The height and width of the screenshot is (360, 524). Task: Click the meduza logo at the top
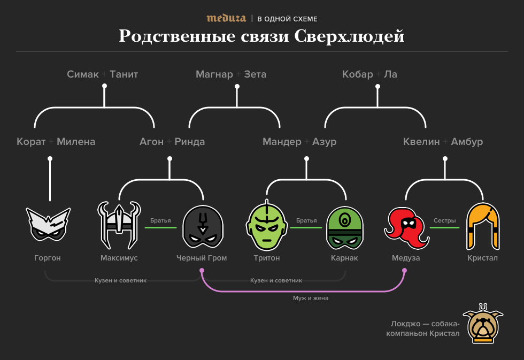point(226,18)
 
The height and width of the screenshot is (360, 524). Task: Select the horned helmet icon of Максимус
point(119,225)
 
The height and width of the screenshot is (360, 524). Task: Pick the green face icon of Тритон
point(267,227)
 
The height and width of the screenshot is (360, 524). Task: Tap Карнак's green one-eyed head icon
point(345,227)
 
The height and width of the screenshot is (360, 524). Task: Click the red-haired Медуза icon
point(406,226)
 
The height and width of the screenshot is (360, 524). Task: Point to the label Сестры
point(444,220)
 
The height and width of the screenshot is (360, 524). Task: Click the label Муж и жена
point(310,298)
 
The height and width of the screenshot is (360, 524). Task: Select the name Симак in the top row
point(83,74)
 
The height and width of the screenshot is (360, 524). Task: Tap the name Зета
point(255,74)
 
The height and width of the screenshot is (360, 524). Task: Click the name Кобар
point(357,74)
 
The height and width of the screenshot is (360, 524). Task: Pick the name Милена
point(76,142)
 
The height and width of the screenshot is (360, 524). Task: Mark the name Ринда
point(190,142)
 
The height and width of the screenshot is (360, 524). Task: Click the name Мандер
point(282,142)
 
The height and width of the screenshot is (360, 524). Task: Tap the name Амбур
point(467,142)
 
